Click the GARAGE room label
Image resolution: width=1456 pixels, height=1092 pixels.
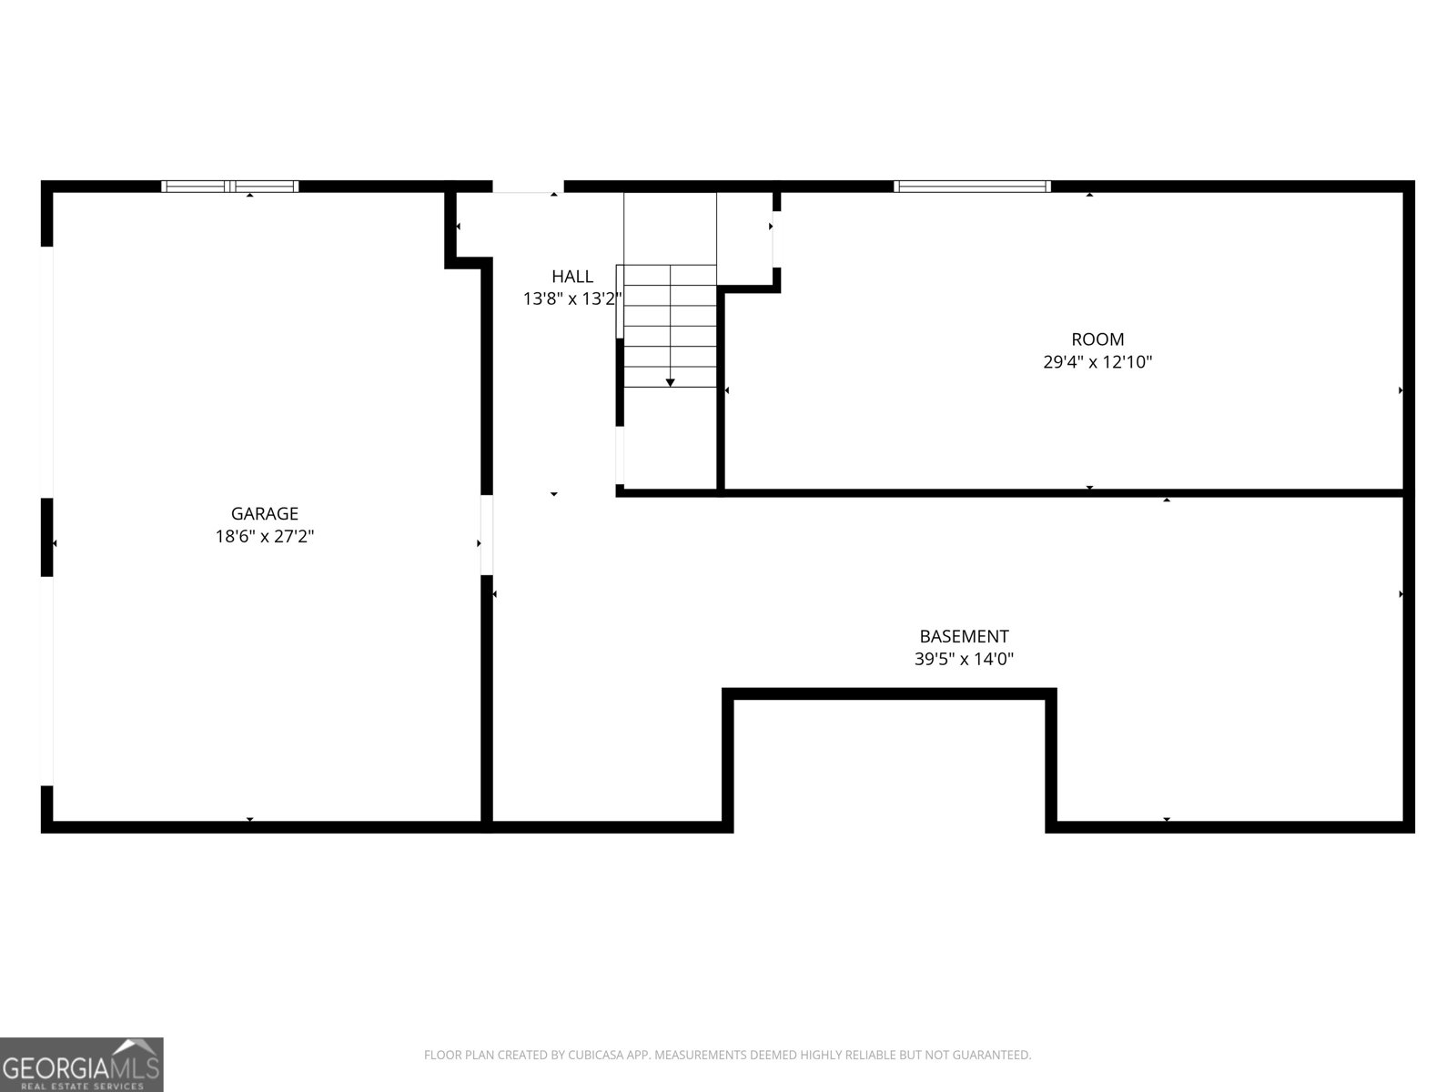coord(264,514)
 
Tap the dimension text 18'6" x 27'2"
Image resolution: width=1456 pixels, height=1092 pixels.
coord(264,537)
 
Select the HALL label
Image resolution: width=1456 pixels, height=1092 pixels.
coord(572,277)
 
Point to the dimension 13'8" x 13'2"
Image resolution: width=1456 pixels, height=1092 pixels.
coord(571,298)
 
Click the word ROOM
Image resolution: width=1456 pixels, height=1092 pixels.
coord(1097,339)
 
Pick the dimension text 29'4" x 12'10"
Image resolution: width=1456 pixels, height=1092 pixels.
coord(1097,362)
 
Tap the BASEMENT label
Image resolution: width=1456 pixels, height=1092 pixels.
coord(964,637)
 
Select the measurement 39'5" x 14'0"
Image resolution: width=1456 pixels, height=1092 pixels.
coord(964,659)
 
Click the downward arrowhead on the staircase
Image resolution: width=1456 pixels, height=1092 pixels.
coord(671,382)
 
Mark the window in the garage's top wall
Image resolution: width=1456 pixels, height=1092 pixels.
coord(230,187)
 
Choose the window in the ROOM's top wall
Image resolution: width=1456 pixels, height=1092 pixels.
coord(972,187)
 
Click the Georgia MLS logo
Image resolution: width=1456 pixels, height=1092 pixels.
coord(82,1064)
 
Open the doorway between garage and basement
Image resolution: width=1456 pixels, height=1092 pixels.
coord(487,535)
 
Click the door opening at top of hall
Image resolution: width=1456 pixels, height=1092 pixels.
coord(528,187)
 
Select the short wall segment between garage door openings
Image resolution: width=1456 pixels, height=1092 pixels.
coord(47,537)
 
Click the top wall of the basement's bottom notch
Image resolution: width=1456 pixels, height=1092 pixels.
coord(890,694)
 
